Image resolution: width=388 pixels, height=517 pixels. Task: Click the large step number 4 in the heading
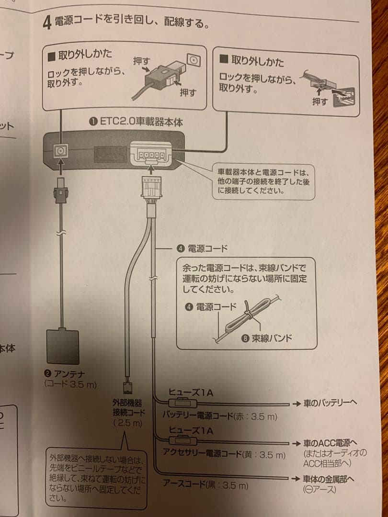point(46,22)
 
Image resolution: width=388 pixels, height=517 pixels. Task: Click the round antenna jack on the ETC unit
point(60,150)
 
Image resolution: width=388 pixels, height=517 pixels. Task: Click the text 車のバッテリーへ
point(331,403)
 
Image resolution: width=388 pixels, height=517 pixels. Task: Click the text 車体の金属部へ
point(331,478)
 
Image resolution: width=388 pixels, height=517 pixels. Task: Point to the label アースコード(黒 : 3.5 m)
point(205,486)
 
